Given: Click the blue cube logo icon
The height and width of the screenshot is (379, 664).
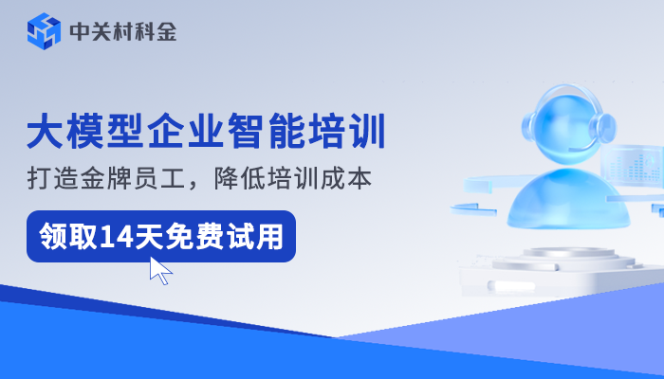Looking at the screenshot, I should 43,32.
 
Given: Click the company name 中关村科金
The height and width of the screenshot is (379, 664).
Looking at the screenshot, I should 122,32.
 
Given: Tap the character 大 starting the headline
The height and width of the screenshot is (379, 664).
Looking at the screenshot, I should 44,132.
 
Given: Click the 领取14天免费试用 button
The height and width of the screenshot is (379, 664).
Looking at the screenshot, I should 160,236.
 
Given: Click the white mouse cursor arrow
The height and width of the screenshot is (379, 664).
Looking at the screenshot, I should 160,270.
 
